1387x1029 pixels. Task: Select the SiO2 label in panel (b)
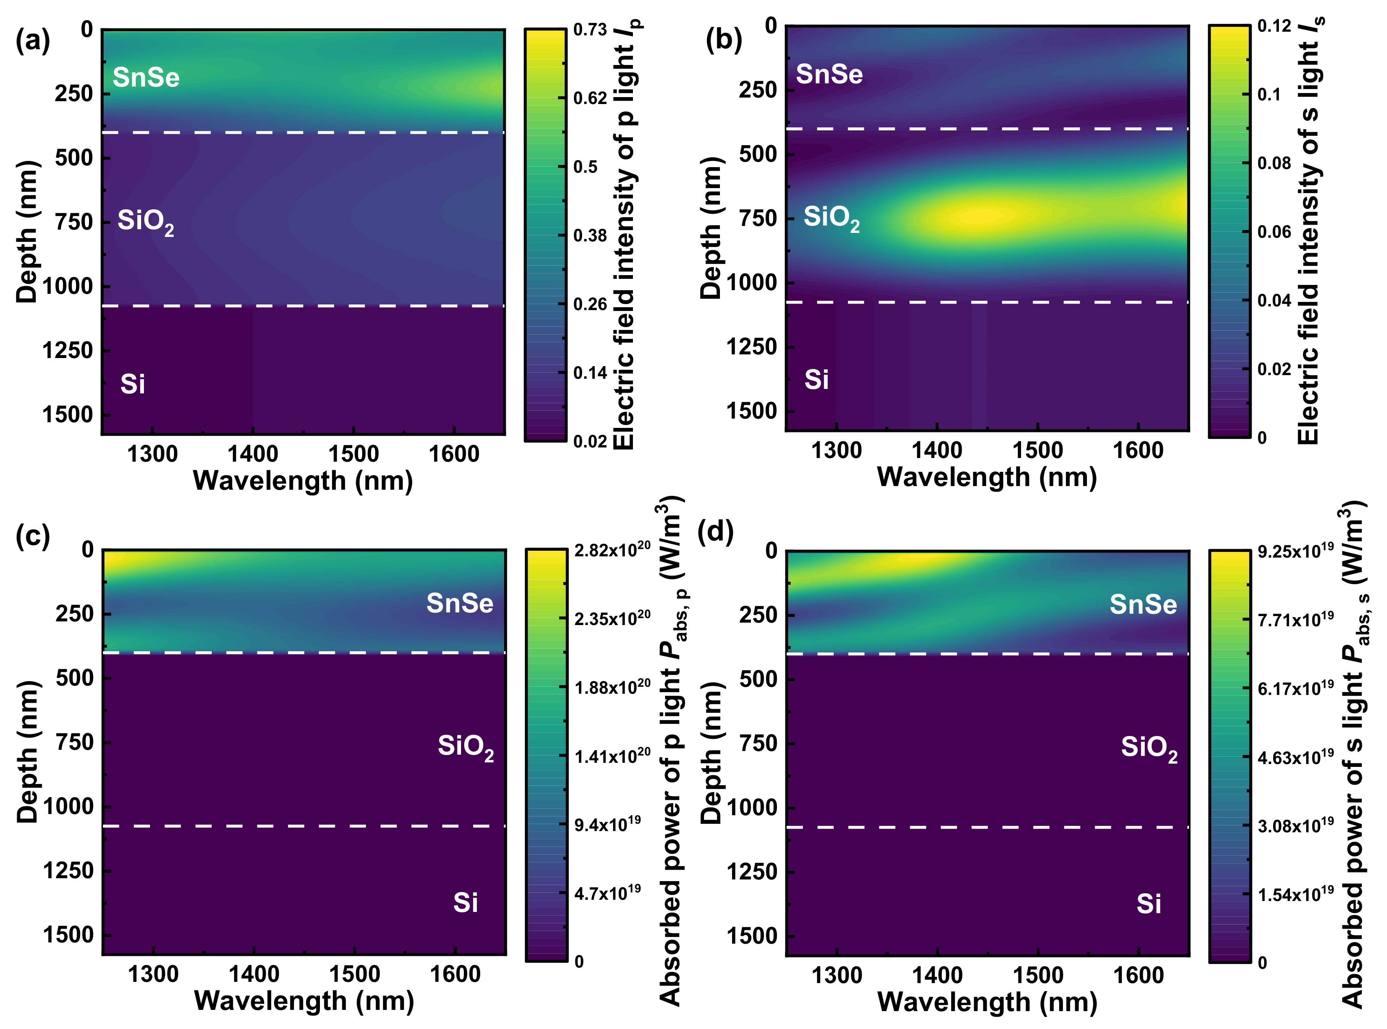[x=831, y=218]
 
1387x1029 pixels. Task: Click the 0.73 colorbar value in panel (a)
[x=589, y=30]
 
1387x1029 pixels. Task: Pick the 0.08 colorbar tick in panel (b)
[x=1274, y=163]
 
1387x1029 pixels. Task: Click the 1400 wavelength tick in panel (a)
[x=253, y=454]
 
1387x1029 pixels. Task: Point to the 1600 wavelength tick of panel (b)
[x=1138, y=450]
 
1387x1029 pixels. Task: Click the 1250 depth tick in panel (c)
[x=67, y=870]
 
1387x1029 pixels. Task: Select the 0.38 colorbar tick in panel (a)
[x=589, y=235]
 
